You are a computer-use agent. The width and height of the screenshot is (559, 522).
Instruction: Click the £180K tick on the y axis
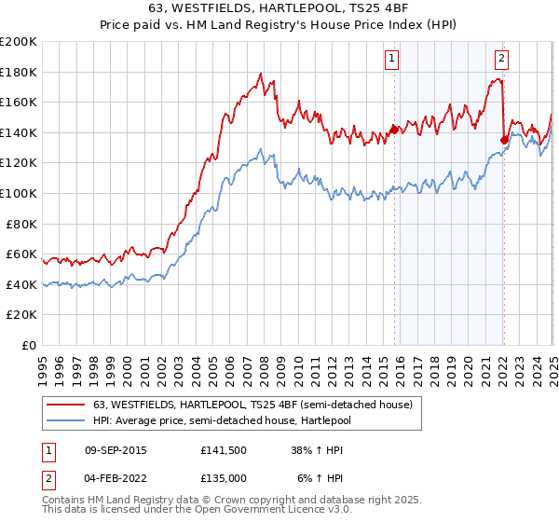click(19, 72)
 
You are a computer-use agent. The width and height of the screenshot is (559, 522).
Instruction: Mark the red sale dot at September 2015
click(394, 130)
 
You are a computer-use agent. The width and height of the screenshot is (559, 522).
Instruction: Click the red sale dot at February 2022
click(504, 140)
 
